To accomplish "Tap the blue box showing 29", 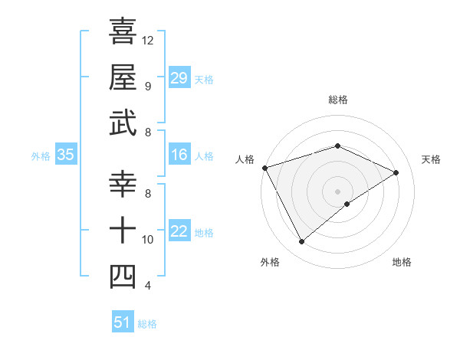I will click(179, 77).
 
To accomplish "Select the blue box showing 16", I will click(179, 155).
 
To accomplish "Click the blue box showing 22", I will click(179, 232).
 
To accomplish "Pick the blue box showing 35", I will click(66, 155).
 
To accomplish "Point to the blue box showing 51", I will click(123, 322).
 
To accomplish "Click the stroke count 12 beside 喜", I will click(148, 40).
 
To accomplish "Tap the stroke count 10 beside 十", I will click(148, 240).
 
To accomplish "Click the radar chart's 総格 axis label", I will click(337, 100).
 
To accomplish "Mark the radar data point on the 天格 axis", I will click(396, 172).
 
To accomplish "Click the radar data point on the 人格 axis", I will click(264, 167).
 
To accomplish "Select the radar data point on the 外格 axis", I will click(301, 242).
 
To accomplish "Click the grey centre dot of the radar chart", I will click(337, 191).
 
